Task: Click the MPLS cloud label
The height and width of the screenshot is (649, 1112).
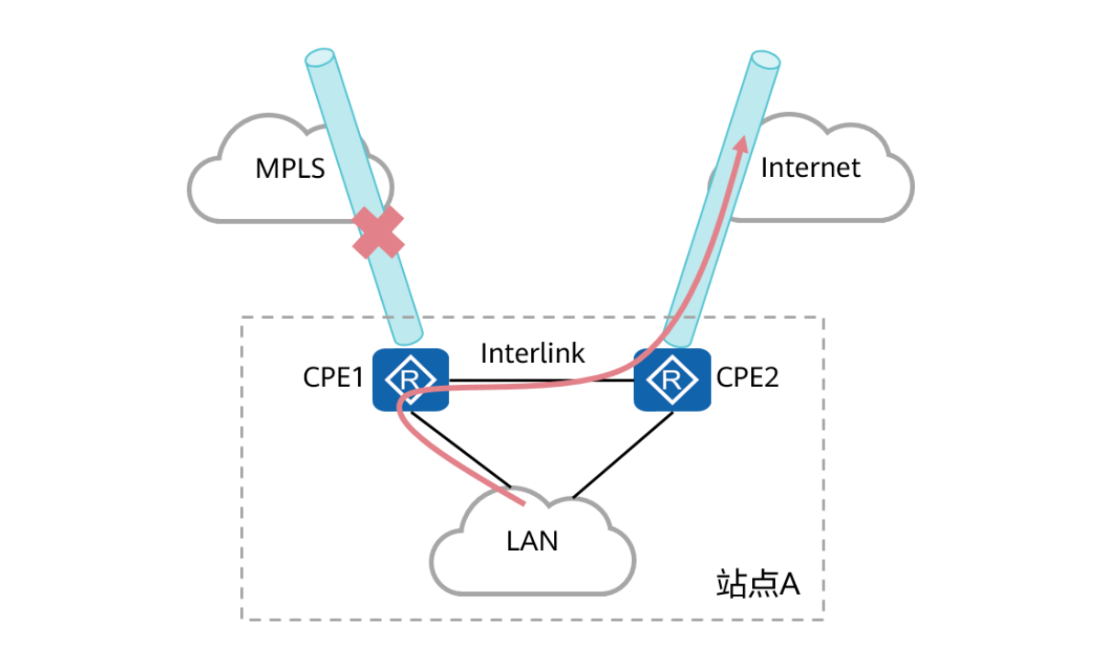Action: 289,169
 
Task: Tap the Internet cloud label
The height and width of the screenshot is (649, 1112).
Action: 811,168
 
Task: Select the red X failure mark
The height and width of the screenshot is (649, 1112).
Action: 379,232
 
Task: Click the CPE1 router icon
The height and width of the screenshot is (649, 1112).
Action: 409,379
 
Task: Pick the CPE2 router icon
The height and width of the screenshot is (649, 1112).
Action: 672,379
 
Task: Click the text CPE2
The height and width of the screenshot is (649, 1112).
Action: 747,378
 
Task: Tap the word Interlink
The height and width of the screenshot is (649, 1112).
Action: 532,354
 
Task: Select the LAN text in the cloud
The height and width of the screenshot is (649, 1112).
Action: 532,541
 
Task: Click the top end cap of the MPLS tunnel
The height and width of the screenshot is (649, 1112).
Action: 320,59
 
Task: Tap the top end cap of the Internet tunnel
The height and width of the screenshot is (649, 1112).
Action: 765,60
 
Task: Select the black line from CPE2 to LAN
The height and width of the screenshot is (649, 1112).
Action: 623,456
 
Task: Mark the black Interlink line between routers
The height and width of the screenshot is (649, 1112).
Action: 540,380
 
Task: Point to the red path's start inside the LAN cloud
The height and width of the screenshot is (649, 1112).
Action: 523,503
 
